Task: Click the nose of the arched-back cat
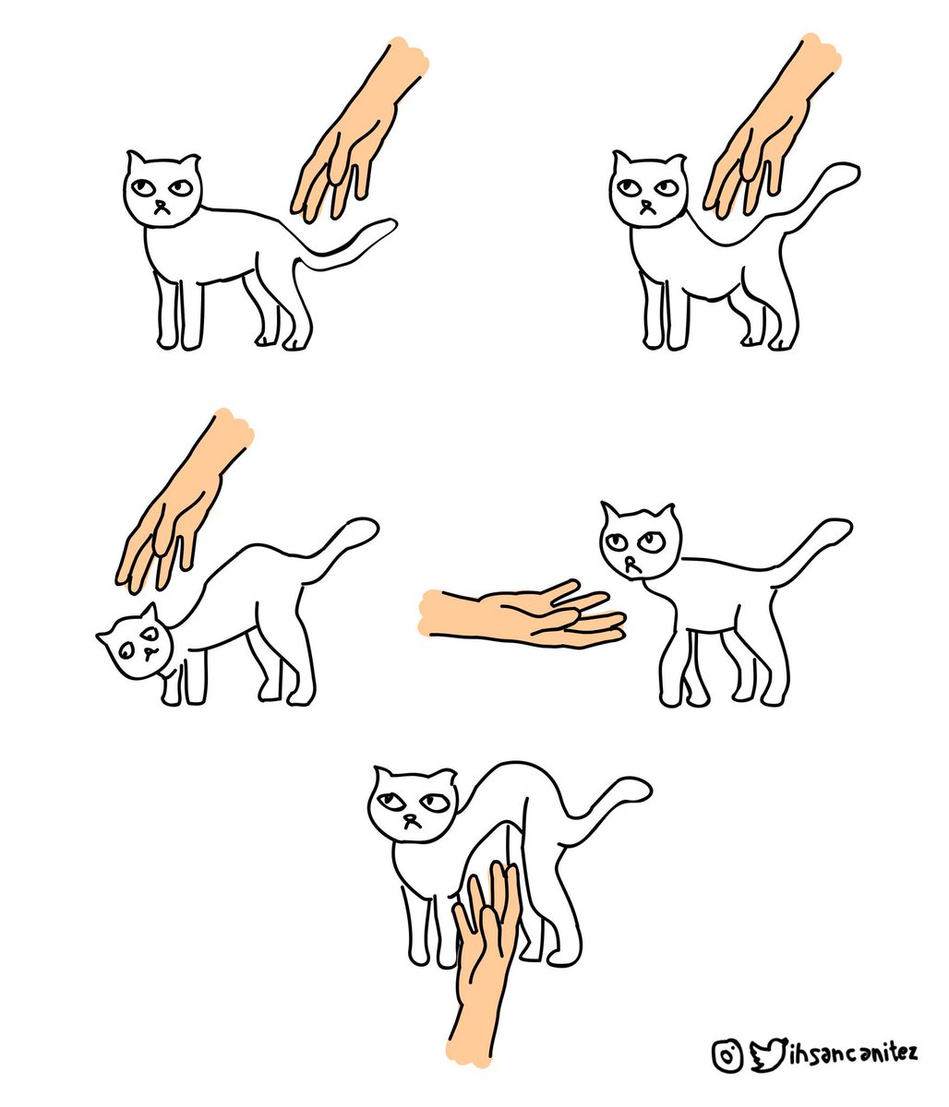[411, 819]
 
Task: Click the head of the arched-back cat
[413, 803]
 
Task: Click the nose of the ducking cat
[149, 652]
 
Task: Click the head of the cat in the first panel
[162, 190]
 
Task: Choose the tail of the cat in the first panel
[348, 244]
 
